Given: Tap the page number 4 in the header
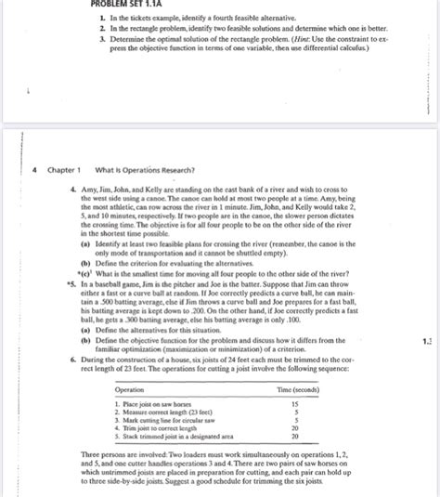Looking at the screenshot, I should pos(34,169).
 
